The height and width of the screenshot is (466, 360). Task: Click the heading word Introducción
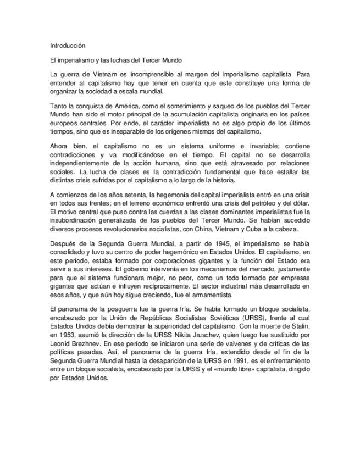[x=67, y=45]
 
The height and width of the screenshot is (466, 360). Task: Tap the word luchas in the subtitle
[x=120, y=59]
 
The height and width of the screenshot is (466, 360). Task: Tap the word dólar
[x=300, y=203]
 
